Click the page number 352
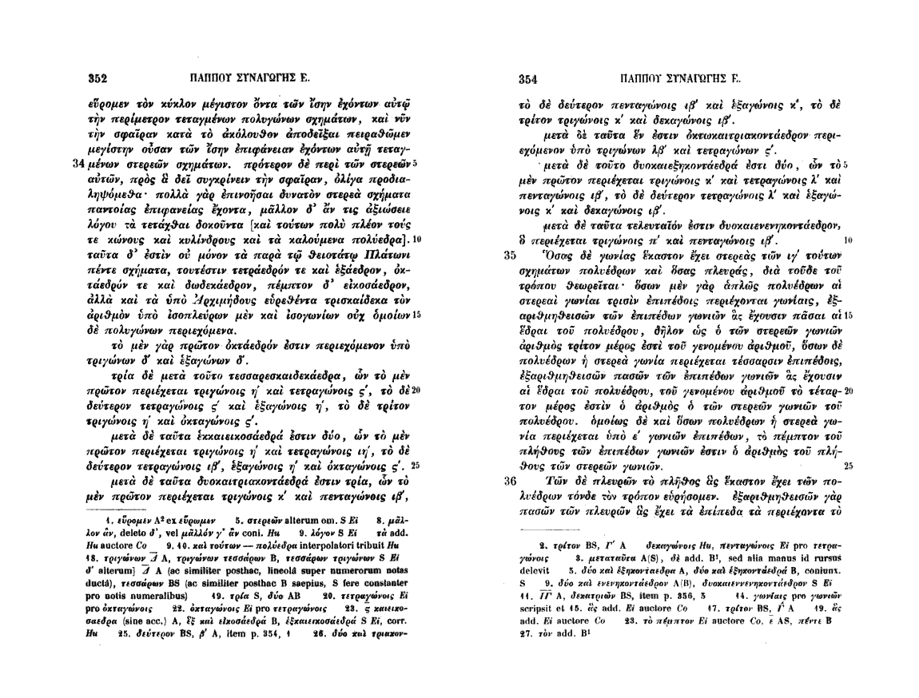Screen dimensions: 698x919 tap(97, 78)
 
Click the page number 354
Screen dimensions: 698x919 tap(527, 78)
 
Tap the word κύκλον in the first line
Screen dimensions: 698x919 tap(185, 105)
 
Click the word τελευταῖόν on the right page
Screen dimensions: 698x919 tap(639, 231)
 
